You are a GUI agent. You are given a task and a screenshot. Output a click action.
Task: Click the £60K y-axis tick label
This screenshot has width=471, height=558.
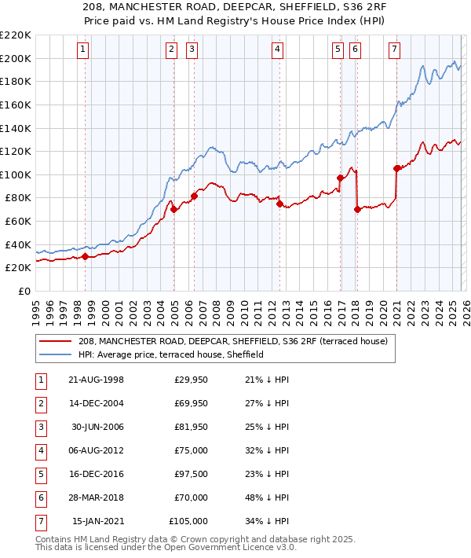pos(18,222)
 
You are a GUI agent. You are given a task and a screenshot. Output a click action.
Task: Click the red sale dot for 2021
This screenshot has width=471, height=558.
pos(396,168)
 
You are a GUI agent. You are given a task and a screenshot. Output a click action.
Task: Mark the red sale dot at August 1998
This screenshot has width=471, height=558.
pos(85,256)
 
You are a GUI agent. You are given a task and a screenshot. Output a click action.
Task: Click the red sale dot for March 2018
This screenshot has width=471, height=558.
pos(357,209)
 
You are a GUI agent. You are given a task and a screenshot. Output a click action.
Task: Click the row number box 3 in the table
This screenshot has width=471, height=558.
pos(40,427)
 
